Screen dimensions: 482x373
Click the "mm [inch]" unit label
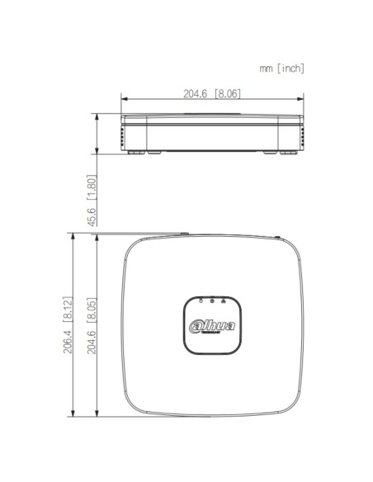(281, 69)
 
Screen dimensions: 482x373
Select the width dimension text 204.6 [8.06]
(212, 94)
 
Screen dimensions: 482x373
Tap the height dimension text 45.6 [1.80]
(92, 199)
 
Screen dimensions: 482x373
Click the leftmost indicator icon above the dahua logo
(200, 301)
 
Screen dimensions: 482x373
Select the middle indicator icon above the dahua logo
(211, 301)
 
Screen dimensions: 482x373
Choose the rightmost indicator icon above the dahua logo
(224, 301)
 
